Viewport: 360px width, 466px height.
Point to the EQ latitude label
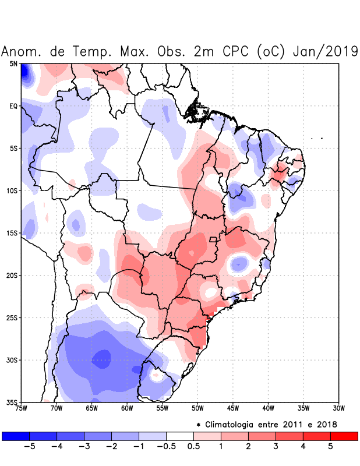(x=13, y=106)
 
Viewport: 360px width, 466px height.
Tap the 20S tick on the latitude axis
(x=12, y=276)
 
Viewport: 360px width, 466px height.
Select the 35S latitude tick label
(x=12, y=403)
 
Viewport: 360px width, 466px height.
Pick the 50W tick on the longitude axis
(x=197, y=408)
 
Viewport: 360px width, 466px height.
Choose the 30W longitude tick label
(x=338, y=408)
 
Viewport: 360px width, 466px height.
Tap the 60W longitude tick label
(x=127, y=408)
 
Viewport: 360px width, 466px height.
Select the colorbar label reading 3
(x=276, y=447)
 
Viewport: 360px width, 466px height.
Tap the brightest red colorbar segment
(x=344, y=436)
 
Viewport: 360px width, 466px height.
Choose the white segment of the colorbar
(x=179, y=436)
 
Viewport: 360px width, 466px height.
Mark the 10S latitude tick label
(x=12, y=190)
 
